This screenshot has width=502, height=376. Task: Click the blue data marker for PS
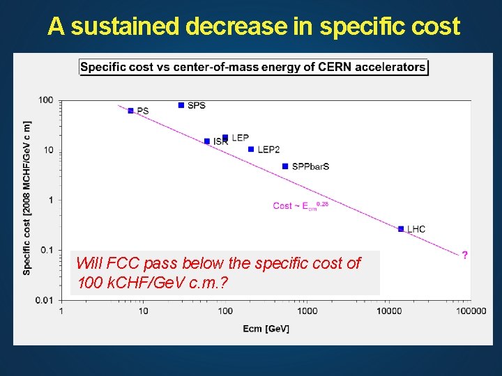point(130,111)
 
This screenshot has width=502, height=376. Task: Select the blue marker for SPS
point(181,105)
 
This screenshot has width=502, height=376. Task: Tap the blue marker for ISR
point(207,141)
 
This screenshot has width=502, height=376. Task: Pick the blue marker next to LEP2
point(251,149)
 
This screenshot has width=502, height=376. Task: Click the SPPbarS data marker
point(285,166)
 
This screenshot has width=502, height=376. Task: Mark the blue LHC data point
point(401,228)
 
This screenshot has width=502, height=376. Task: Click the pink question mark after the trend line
point(465,255)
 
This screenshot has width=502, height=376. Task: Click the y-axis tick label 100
point(45,100)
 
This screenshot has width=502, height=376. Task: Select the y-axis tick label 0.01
point(44,300)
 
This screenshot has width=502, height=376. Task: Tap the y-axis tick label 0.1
point(46,250)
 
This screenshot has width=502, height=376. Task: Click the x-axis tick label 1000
point(307,311)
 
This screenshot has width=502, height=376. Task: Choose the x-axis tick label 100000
point(471,311)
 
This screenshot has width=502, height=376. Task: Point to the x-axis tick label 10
point(143,311)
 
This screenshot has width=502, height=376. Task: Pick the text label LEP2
point(268,149)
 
